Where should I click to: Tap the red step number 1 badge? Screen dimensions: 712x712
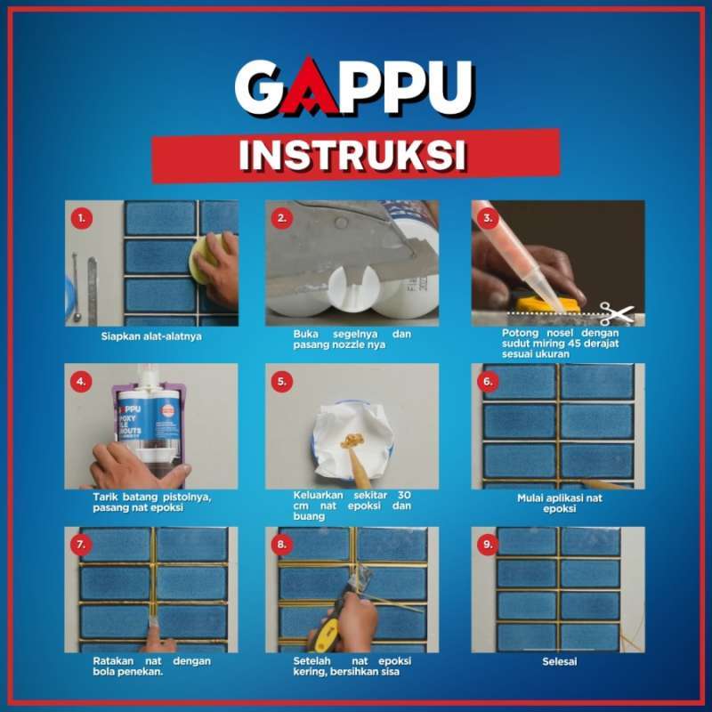pos(82,217)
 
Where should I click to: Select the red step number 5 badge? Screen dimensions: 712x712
pos(283,382)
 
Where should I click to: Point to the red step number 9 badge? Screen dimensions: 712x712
pos(487,544)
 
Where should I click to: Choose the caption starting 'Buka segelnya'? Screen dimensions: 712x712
pos(352,340)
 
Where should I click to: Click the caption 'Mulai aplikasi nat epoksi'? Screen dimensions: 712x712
pos(559,504)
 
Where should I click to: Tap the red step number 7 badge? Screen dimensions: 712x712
pos(82,544)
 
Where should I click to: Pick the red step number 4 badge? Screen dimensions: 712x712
pos(82,382)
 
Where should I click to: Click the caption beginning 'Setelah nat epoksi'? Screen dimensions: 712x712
pos(352,667)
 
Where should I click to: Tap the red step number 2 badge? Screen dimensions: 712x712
pos(283,217)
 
